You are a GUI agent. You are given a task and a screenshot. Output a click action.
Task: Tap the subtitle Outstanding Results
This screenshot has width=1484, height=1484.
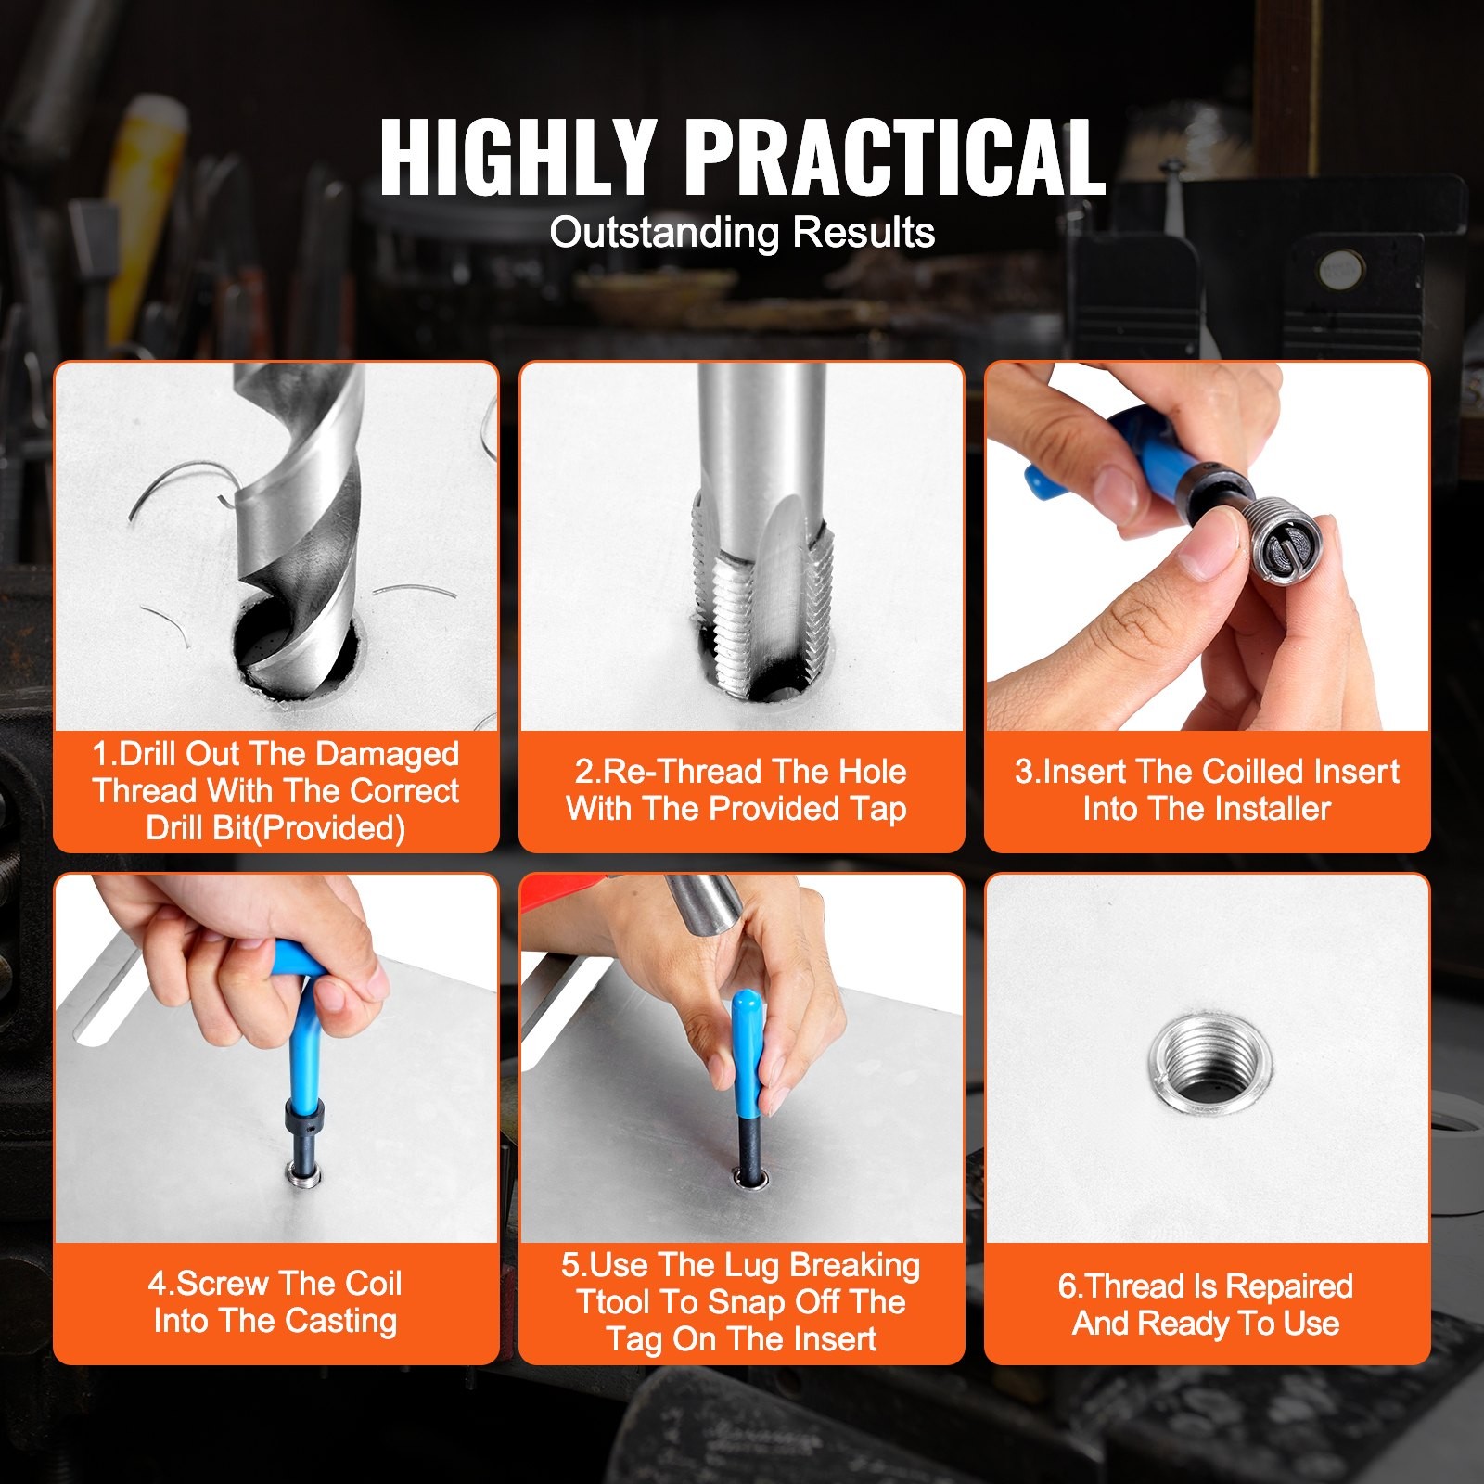[x=742, y=232]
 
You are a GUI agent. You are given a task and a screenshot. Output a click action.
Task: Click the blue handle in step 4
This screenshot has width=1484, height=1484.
[x=301, y=1030]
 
